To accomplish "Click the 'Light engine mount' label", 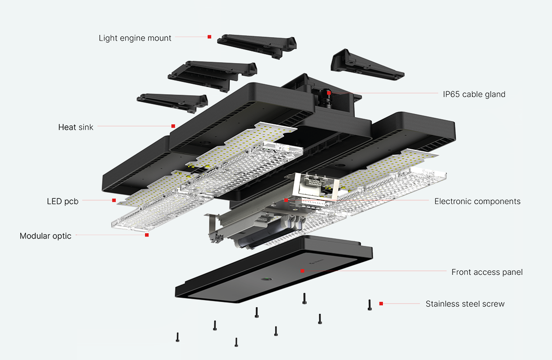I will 135,38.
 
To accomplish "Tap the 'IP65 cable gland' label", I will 474,94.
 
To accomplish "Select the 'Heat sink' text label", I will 76,127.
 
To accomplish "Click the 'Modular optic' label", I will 46,236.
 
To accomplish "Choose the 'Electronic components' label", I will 477,201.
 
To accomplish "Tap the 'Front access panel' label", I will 487,272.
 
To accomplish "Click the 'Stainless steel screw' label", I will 465,304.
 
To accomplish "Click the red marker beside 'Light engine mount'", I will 209,37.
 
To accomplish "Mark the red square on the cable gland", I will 328,93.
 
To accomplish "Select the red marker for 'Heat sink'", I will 173,126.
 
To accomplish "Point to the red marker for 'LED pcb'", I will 114,200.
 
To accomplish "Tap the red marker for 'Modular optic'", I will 146,235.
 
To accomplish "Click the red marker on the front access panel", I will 302,271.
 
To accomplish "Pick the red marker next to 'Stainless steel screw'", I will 381,303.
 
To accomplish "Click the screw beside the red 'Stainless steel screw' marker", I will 370,305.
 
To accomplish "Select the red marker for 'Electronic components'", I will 286,200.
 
